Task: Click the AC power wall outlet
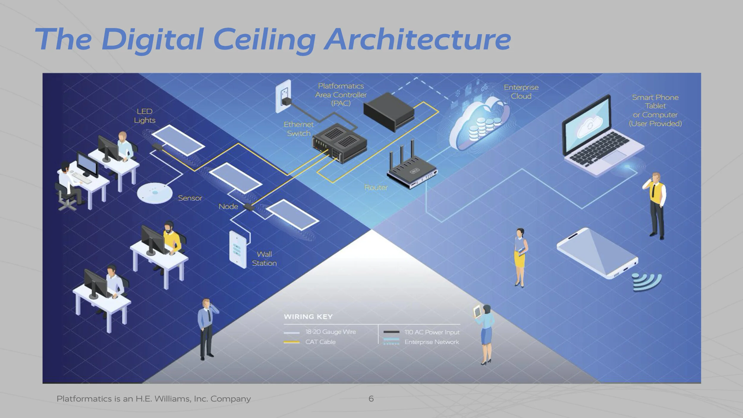tap(283, 96)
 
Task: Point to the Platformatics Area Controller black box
tap(389, 111)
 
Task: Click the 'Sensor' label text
tap(190, 198)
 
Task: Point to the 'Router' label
tap(376, 188)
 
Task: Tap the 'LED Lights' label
tap(144, 116)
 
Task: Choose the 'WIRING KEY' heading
tap(308, 317)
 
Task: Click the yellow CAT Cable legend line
tap(291, 342)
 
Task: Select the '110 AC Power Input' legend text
tap(432, 332)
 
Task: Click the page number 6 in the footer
tap(371, 399)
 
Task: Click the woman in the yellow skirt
tap(520, 257)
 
